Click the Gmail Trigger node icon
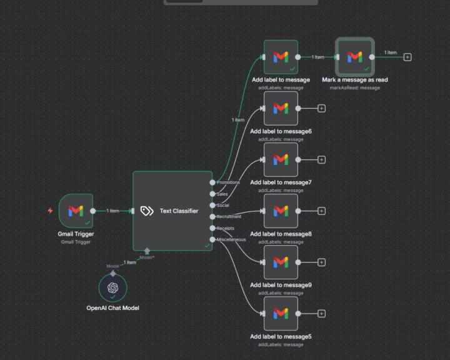pyautogui.click(x=76, y=211)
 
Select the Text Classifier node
pyautogui.click(x=172, y=211)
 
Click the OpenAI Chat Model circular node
pyautogui.click(x=112, y=287)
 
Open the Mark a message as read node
pyautogui.click(x=354, y=57)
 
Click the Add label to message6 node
pyautogui.click(x=281, y=108)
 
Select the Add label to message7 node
pyautogui.click(x=281, y=159)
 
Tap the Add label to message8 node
pyautogui.click(x=281, y=211)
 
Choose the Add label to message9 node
pyautogui.click(x=281, y=262)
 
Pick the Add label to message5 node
pyautogui.click(x=281, y=313)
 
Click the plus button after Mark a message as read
pyautogui.click(x=407, y=57)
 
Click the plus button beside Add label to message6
pyautogui.click(x=322, y=108)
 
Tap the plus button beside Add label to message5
pyautogui.click(x=322, y=314)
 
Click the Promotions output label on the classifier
pyautogui.click(x=228, y=182)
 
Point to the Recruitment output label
pyautogui.click(x=229, y=216)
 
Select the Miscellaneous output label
pyautogui.click(x=231, y=239)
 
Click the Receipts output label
pyautogui.click(x=226, y=228)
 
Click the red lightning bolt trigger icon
pyautogui.click(x=51, y=211)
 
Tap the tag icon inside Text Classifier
pyautogui.click(x=147, y=211)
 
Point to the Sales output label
pyautogui.click(x=222, y=194)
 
